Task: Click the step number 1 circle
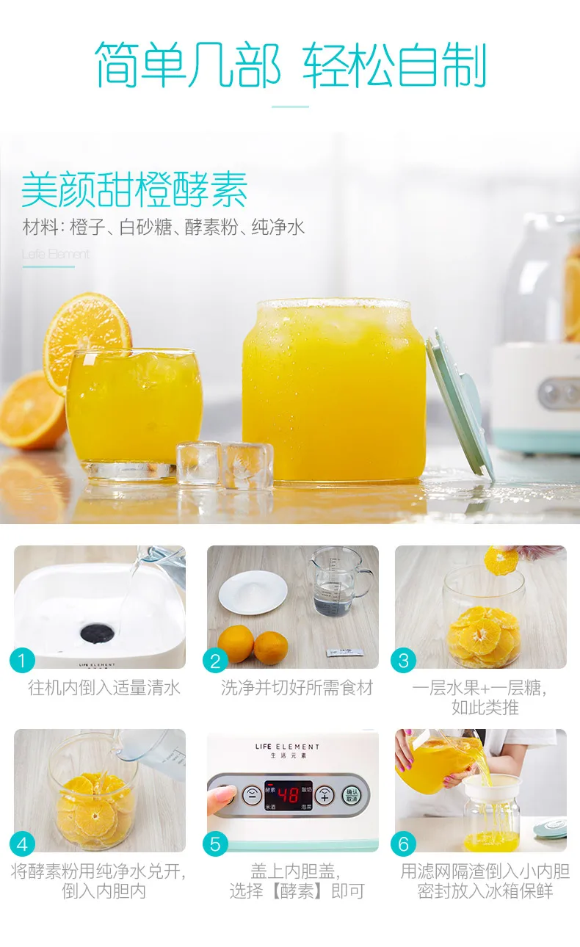tap(22, 661)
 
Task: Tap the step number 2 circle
tap(215, 661)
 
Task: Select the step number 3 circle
tap(403, 661)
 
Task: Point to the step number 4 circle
tap(22, 844)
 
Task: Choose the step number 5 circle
tap(215, 844)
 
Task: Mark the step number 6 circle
tap(403, 844)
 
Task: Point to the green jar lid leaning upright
tap(460, 404)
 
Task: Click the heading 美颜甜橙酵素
tap(134, 189)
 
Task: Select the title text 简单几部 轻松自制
tap(291, 65)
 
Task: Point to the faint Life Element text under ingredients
tap(56, 254)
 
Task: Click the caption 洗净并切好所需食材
tap(297, 688)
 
